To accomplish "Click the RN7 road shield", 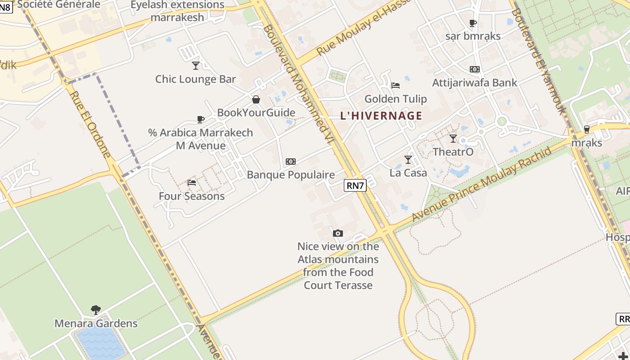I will tap(355, 185).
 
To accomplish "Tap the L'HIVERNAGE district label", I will tap(381, 116).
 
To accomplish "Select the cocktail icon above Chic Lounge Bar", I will tap(196, 66).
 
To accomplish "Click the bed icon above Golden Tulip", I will tap(396, 85).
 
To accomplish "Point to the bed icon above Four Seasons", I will tap(192, 183).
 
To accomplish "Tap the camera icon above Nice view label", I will tap(338, 233).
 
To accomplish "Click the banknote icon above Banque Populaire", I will tap(291, 162).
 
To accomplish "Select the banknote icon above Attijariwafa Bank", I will tap(475, 69).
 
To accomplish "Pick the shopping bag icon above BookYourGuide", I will tap(256, 99).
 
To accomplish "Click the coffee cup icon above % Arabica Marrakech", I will tap(201, 119).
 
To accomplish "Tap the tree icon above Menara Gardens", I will tap(95, 310).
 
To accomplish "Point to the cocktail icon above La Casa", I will tap(408, 159).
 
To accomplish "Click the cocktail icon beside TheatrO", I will tap(453, 139).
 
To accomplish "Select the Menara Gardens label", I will tap(96, 324).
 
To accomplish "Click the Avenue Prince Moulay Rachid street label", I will tap(481, 184).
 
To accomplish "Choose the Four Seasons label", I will tap(192, 196).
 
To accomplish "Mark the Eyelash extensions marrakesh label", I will tap(177, 11).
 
